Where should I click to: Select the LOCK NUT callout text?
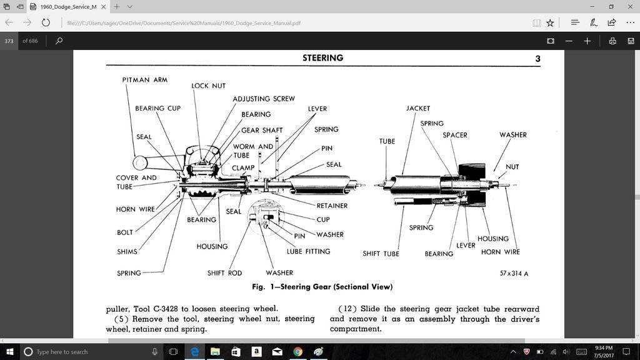[208, 86]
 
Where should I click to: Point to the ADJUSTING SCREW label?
[263, 99]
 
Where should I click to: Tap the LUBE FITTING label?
[309, 251]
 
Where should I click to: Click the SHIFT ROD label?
[224, 273]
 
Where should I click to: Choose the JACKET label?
[418, 109]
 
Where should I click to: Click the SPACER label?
[454, 135]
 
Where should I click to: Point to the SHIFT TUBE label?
[381, 254]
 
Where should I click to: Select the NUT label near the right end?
[512, 167]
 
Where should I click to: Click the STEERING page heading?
[322, 58]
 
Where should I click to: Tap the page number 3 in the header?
[537, 59]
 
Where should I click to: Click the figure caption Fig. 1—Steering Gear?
[322, 287]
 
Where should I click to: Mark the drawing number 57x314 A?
[514, 273]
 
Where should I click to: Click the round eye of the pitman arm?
[139, 163]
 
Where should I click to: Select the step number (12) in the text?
[347, 309]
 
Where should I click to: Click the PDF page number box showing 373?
[9, 41]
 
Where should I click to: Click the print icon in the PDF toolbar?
[612, 41]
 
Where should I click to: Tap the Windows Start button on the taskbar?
[9, 352]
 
